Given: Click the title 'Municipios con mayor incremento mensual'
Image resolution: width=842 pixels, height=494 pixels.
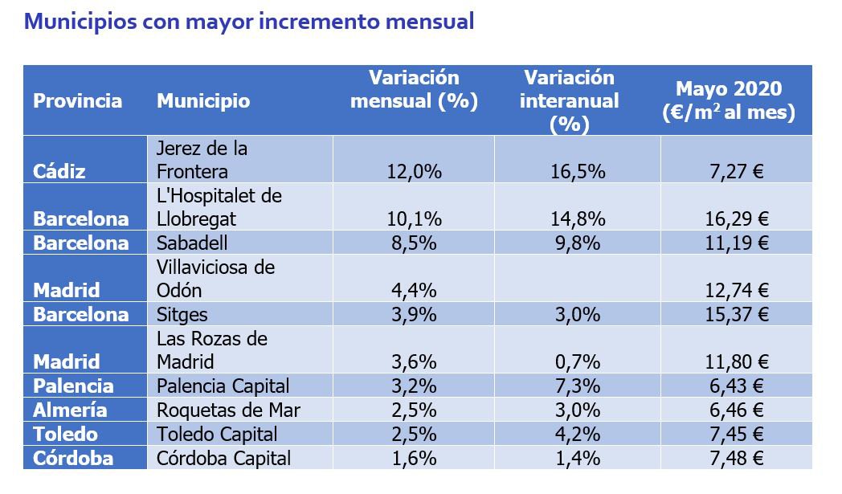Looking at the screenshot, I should coord(249,22).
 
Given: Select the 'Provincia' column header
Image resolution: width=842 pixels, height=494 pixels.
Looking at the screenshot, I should coord(78,101).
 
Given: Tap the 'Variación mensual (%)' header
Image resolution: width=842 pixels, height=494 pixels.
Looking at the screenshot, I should coord(414,89).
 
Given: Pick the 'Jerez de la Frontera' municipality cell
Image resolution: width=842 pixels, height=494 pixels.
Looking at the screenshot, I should coord(202,160).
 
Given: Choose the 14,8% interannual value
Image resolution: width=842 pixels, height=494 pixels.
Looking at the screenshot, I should coord(576,218).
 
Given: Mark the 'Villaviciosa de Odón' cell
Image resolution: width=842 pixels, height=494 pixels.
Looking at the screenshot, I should coord(215,278).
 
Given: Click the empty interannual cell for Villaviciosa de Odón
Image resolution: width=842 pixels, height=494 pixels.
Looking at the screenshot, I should coord(577,278).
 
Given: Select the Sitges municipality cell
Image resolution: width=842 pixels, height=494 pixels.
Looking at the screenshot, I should coord(183,314).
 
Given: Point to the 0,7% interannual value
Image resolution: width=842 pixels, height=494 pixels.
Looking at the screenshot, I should coord(576,361).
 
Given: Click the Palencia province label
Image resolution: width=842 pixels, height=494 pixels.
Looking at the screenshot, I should coord(73,386).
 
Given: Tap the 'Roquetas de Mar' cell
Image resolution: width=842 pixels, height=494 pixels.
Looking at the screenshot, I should coord(228,410).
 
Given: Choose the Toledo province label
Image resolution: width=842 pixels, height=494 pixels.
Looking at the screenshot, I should coord(65,435).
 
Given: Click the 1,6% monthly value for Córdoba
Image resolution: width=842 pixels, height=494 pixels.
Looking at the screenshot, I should coord(414,459).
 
